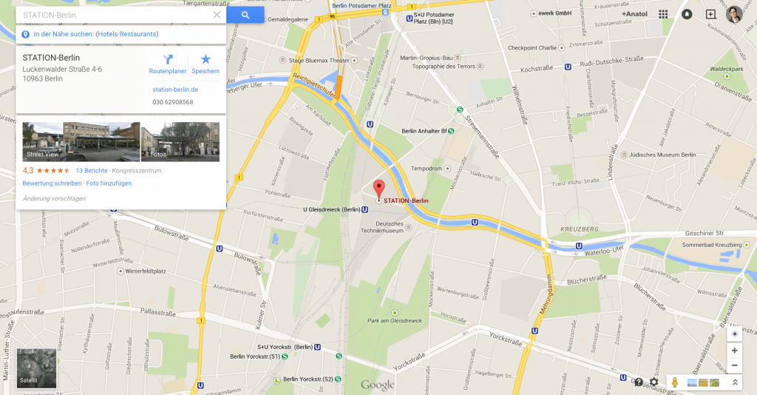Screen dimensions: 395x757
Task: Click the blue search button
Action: pos(245,15)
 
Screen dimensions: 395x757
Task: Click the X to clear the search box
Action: pos(217,15)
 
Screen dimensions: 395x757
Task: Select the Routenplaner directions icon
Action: pos(168,60)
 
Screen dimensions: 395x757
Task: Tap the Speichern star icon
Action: pos(206,60)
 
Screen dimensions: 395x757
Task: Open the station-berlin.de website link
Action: pos(174,90)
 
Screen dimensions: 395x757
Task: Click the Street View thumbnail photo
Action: pos(81,141)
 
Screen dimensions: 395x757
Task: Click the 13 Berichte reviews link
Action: pos(91,171)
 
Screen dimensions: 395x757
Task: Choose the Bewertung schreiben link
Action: pos(52,183)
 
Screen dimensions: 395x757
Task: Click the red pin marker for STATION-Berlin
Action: pos(379,188)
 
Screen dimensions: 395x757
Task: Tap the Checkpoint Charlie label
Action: pos(532,48)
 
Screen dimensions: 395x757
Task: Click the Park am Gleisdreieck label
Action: pos(394,320)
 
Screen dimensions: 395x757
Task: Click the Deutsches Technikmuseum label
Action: pos(390,227)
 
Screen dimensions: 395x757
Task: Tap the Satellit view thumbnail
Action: pos(37,368)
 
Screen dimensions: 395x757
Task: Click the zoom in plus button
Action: pos(734,351)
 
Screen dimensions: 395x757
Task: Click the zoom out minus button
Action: pos(734,365)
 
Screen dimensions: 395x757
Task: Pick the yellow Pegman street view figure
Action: pos(675,382)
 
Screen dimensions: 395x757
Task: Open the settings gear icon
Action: pos(654,382)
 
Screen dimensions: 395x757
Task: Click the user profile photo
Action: pos(734,14)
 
